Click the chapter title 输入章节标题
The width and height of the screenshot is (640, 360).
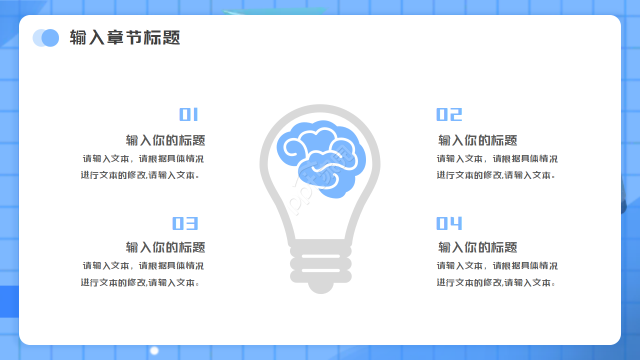tap(125, 38)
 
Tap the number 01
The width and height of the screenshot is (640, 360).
tap(189, 114)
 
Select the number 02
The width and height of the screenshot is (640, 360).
tap(449, 114)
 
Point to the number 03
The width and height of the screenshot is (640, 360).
tap(185, 223)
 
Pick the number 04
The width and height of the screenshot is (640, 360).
tap(449, 223)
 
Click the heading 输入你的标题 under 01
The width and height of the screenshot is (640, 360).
tap(165, 140)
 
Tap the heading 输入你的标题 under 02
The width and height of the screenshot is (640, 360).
tap(477, 140)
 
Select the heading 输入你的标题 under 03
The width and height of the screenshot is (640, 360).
tap(165, 247)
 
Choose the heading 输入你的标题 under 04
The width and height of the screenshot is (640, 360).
tap(477, 247)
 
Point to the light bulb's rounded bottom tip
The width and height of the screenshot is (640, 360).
tap(320, 287)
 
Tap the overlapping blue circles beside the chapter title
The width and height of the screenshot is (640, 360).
tap(46, 38)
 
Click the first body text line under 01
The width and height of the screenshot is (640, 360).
tap(143, 159)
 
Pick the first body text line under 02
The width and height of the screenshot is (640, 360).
tap(497, 159)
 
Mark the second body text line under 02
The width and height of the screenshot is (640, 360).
tap(496, 175)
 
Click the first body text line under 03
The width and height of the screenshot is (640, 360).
tap(143, 266)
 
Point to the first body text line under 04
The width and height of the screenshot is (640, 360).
tap(497, 266)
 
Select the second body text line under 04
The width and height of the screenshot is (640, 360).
tap(496, 283)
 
